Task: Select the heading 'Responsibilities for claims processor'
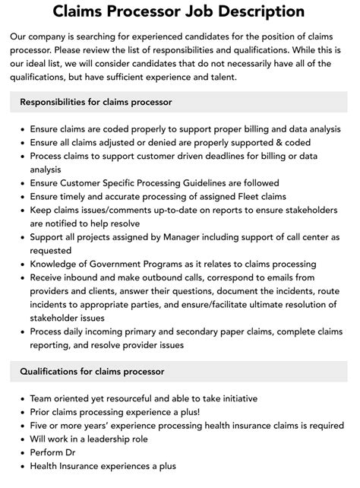click(x=96, y=102)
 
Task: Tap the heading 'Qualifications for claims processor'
click(x=93, y=371)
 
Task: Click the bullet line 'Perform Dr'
click(x=56, y=453)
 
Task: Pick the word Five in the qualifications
click(x=41, y=426)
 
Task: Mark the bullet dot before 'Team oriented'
click(x=20, y=398)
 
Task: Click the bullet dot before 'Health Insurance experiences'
click(x=20, y=467)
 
